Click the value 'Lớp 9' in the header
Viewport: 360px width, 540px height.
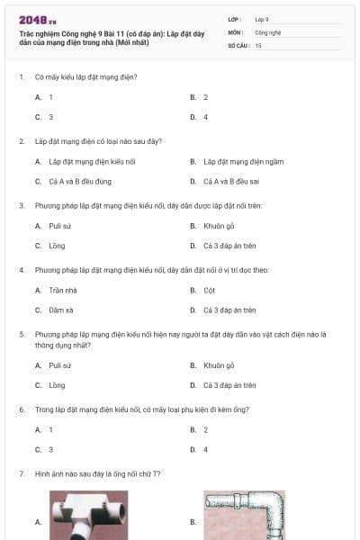[x=262, y=18]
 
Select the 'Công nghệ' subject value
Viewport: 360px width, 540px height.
[x=268, y=31]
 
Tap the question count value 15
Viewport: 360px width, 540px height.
[x=258, y=45]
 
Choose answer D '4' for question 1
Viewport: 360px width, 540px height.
[x=205, y=117]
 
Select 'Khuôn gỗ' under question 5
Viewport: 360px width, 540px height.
[x=219, y=365]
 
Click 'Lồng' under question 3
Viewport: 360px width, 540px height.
[x=57, y=245]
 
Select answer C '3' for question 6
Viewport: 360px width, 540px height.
[x=51, y=449]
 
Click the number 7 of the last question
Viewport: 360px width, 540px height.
[x=21, y=473]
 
